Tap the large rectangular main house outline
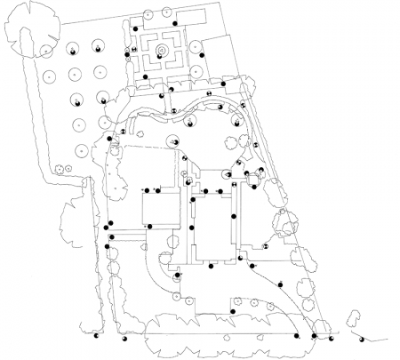click(x=213, y=227)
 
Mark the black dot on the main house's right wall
click(x=235, y=216)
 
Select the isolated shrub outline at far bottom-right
click(x=354, y=317)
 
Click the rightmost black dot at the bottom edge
click(x=360, y=338)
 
